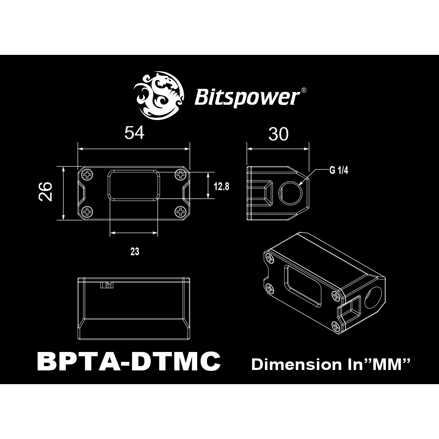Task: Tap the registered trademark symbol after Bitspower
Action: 303,90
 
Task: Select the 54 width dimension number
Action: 134,132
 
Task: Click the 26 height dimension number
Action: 45,192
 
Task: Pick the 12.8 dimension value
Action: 222,186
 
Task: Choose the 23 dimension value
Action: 135,251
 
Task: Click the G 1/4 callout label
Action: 339,171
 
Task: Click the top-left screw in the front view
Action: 88,175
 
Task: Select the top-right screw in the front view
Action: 180,175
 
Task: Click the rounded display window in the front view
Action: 134,185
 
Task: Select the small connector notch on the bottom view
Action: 107,285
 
